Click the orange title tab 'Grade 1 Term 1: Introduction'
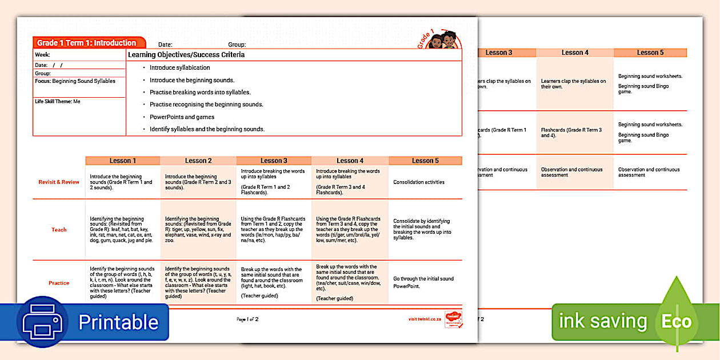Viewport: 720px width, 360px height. click(87, 43)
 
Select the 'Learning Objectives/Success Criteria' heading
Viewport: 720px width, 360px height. click(186, 55)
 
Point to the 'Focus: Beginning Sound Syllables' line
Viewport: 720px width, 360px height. click(75, 81)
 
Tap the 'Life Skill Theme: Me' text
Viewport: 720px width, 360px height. click(58, 101)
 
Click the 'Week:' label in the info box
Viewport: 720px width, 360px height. click(42, 55)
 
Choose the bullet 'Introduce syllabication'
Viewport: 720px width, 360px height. click(179, 67)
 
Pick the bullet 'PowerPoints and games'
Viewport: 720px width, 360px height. click(182, 117)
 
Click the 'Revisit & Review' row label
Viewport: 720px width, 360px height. click(59, 182)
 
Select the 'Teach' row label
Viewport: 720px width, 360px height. click(59, 230)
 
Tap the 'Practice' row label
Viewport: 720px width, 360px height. click(59, 283)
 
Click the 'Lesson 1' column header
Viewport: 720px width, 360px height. click(123, 161)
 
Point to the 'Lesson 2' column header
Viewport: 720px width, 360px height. click(198, 161)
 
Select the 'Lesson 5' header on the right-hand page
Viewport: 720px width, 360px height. click(650, 53)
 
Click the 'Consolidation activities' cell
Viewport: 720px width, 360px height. click(418, 182)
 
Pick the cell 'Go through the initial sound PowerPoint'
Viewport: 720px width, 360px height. click(423, 282)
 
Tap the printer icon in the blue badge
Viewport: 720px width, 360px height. click(42, 321)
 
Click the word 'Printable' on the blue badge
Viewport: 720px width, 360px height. click(118, 322)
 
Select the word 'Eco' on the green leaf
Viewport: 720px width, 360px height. click(677, 322)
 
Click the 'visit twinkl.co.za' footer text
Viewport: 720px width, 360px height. click(424, 319)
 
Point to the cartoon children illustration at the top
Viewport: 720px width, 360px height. click(443, 41)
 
